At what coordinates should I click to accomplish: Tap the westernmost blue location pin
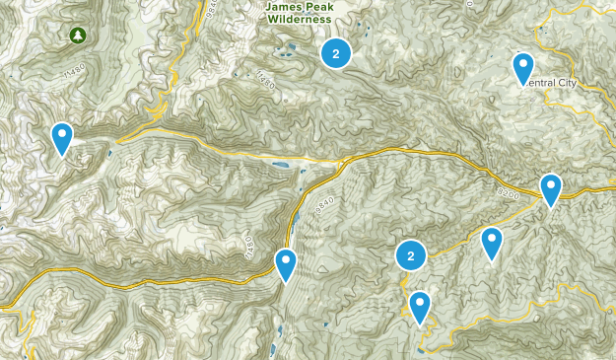click(62, 138)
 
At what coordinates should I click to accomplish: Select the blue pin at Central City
click(522, 68)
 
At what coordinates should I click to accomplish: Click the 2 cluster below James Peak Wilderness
click(336, 54)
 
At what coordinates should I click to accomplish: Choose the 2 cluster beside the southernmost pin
click(410, 256)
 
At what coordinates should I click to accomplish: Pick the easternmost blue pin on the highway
click(550, 188)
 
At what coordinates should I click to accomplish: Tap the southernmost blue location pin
click(421, 307)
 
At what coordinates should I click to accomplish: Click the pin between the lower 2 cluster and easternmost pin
click(492, 243)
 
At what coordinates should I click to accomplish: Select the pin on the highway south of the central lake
click(286, 264)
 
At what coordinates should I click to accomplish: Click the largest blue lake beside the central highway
click(280, 165)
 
